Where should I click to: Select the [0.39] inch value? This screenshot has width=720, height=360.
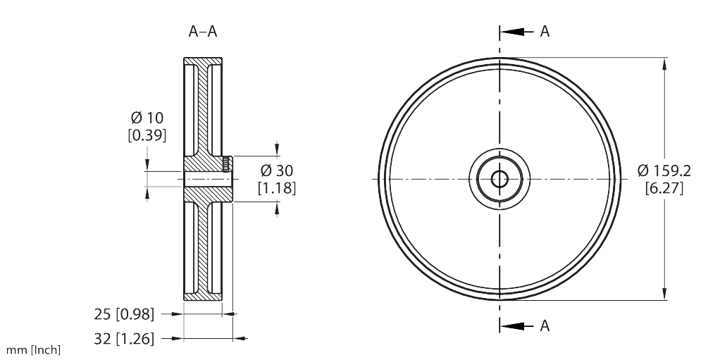[x=147, y=135]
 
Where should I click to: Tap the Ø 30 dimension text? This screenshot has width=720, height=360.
[x=277, y=170]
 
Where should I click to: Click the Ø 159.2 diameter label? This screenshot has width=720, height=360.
[x=664, y=170]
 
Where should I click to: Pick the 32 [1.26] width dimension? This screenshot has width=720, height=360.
[x=124, y=339]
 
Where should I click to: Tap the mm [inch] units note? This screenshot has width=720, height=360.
[x=33, y=349]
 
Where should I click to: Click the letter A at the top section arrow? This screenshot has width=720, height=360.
[x=545, y=31]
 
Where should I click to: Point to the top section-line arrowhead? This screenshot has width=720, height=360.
[x=514, y=32]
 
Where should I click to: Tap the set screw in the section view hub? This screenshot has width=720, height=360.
[x=225, y=165]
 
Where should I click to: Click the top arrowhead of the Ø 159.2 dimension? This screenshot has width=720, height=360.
[x=664, y=66]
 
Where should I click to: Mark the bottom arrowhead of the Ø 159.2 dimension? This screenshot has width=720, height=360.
[x=664, y=294]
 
